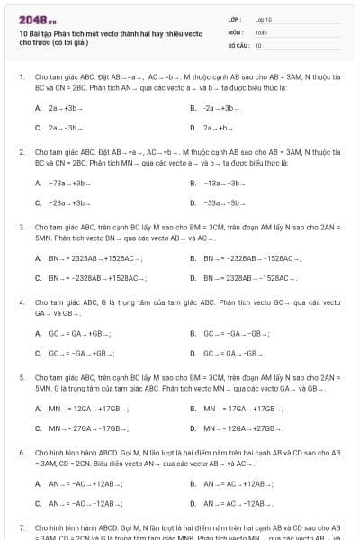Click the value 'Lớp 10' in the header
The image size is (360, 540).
pyautogui.click(x=264, y=19)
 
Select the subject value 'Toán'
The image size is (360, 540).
pyautogui.click(x=261, y=31)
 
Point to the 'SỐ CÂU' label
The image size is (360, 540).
pyautogui.click(x=238, y=44)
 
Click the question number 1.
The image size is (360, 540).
pyautogui.click(x=22, y=77)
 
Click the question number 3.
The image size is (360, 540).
pyautogui.click(x=22, y=228)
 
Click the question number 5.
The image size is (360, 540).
pyautogui.click(x=22, y=378)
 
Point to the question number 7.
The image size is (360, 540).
pyautogui.click(x=22, y=527)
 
